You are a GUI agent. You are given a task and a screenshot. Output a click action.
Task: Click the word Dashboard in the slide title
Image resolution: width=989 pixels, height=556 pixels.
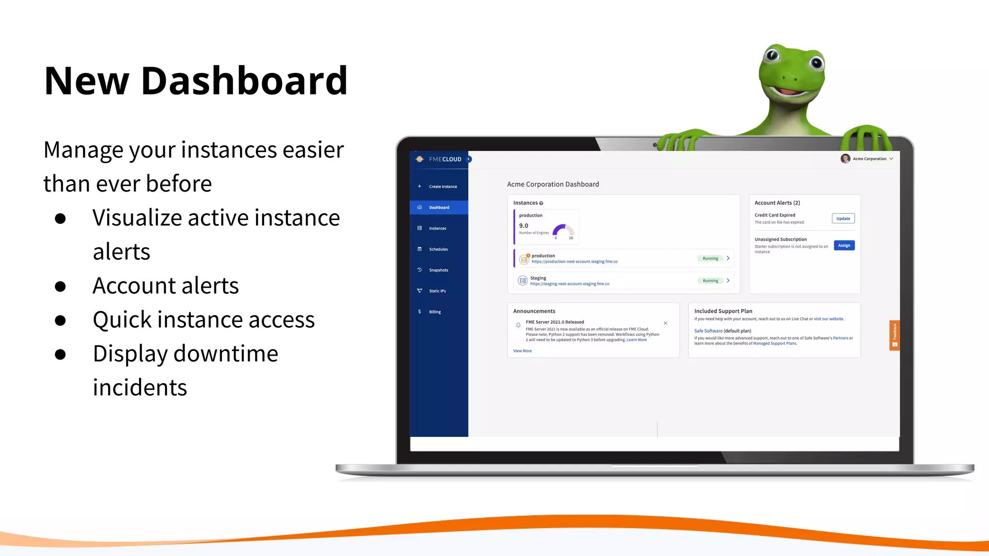point(244,81)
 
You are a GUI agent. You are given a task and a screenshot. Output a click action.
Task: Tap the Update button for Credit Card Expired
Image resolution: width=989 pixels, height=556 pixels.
point(843,219)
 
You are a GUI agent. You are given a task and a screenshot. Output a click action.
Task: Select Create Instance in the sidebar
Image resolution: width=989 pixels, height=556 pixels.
point(442,187)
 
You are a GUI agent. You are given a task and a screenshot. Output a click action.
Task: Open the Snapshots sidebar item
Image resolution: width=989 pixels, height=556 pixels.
point(438,270)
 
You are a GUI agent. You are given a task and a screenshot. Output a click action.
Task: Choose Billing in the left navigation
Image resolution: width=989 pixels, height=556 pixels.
point(435,312)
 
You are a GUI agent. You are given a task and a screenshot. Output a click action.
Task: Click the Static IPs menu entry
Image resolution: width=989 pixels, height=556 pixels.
point(437,291)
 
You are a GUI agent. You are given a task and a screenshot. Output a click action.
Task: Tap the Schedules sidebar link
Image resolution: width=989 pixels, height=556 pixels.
point(438,250)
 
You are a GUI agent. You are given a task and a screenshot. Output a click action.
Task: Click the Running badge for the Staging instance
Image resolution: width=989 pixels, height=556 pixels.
point(710,281)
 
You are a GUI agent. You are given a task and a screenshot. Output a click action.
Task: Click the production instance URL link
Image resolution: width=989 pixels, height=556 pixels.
point(574,262)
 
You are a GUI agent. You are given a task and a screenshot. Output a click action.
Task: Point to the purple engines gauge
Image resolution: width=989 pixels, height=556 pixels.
point(562,230)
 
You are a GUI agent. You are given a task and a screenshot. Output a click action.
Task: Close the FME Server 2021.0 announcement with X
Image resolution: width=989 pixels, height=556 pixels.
point(665,323)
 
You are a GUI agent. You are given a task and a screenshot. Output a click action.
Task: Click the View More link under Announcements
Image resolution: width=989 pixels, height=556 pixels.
point(522,351)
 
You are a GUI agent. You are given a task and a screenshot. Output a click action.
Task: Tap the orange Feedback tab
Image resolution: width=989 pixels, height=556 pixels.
point(894,335)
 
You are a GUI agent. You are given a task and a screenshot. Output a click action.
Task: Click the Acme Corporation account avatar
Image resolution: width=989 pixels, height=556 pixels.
point(845,159)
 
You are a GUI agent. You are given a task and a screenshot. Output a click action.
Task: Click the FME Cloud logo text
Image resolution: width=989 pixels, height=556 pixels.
point(445,159)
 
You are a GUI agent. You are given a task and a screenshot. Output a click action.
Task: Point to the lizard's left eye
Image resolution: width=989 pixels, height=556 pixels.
point(772,54)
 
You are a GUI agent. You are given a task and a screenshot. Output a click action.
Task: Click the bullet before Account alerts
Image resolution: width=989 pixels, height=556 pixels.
point(60,286)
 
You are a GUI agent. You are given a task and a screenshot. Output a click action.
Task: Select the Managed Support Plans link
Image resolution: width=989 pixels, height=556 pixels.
point(774,344)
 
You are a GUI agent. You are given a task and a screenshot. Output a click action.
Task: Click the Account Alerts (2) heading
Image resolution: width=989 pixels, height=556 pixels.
point(777,203)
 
